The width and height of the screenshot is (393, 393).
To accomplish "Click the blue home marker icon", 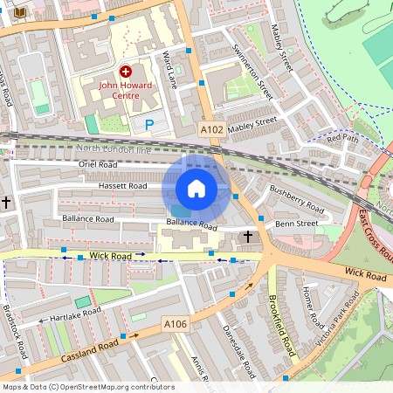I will (x=196, y=188).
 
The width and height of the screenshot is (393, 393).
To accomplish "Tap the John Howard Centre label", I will (x=126, y=90).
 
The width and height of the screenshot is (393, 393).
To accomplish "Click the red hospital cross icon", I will (x=126, y=71).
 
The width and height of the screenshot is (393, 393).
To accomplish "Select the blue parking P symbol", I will (x=149, y=125).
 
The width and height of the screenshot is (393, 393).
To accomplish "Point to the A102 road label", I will (x=210, y=129).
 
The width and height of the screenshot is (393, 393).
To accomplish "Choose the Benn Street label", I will (x=297, y=224).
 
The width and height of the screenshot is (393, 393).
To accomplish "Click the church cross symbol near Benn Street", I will (x=248, y=236).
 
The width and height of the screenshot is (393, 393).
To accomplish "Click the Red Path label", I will (x=342, y=138).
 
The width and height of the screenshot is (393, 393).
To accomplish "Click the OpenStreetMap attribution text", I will (x=87, y=387).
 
